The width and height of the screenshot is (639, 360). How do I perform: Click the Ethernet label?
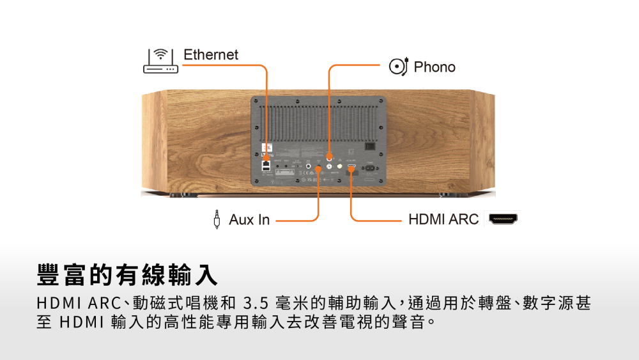tap(211, 55)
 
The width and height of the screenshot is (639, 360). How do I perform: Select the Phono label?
tap(435, 67)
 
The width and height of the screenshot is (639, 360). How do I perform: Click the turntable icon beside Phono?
tap(398, 67)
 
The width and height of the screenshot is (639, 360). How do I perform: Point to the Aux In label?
tap(249, 220)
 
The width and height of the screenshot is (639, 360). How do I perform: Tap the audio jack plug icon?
tap(219, 219)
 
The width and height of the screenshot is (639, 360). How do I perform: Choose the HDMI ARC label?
tap(443, 219)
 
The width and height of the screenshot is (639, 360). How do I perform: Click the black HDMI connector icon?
tap(504, 219)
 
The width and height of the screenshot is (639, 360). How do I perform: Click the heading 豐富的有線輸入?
tap(127, 274)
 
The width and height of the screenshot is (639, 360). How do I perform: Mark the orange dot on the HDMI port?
tap(351, 169)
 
